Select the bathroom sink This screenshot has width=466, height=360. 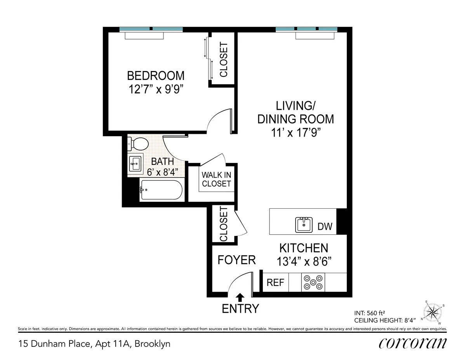point(136,163)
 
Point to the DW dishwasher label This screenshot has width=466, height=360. point(325,227)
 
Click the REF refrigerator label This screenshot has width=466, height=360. point(275,282)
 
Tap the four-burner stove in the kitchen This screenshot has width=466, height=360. point(313,282)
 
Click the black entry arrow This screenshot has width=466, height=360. point(240,297)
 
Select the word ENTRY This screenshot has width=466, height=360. point(240,309)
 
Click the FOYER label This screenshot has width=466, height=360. point(236,260)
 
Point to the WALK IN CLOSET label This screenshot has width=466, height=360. point(216,179)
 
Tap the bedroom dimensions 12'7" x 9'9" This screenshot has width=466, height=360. point(156,89)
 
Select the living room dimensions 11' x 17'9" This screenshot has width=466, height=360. point(296,132)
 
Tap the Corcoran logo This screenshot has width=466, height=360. point(413,343)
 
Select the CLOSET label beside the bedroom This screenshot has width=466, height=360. point(223,59)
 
